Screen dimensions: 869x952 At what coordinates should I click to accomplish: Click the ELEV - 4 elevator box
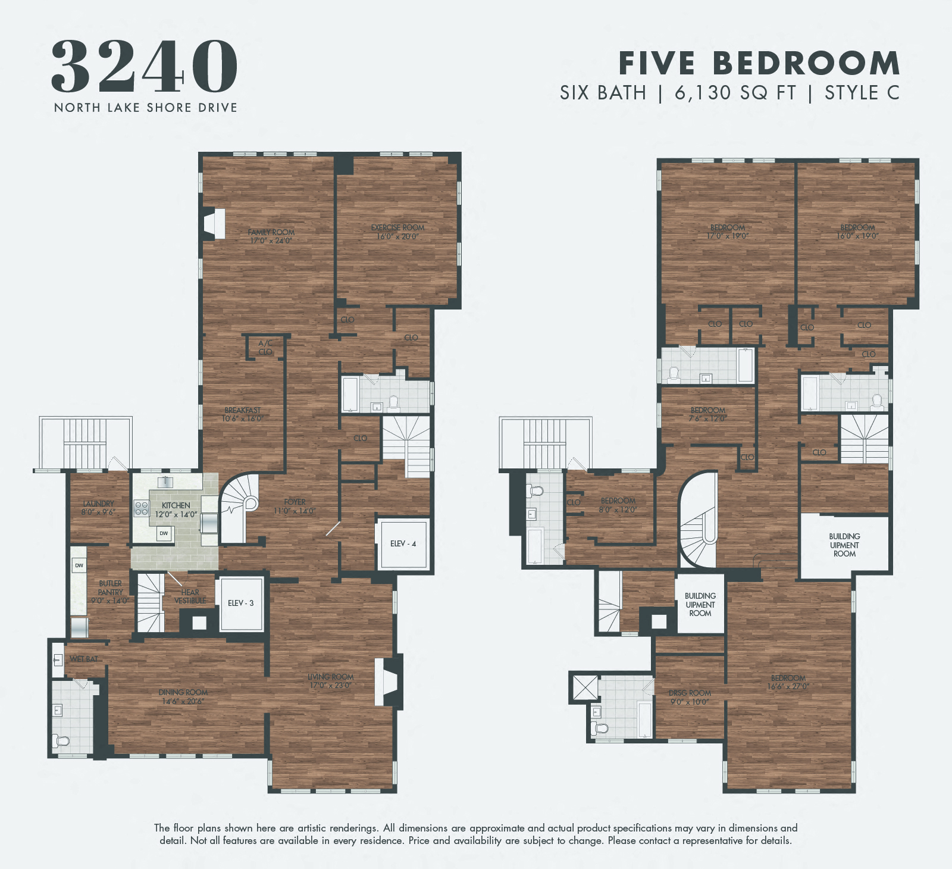pos(403,544)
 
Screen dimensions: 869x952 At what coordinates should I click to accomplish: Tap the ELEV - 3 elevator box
pos(240,604)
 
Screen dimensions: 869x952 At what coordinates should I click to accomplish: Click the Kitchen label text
pos(176,505)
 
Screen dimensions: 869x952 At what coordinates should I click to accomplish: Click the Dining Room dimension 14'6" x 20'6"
pos(183,701)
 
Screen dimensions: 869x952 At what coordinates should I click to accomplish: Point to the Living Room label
pos(330,677)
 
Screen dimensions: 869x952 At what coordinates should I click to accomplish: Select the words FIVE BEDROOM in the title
pos(759,63)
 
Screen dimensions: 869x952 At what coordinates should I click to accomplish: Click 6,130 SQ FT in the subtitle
pos(735,93)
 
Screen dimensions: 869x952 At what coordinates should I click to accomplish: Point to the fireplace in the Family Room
pos(214,224)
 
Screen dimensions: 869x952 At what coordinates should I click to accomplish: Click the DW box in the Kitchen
pos(164,533)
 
